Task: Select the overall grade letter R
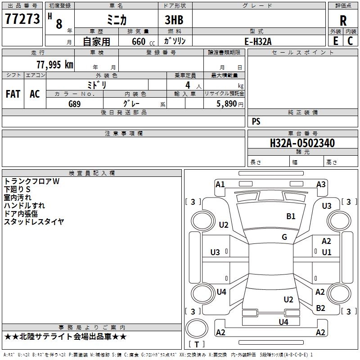coord(343,21)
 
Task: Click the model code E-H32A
coord(258,41)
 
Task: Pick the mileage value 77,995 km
coord(54,65)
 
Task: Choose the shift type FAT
coord(13,94)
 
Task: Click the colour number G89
coord(75,104)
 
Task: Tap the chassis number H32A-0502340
coord(302,144)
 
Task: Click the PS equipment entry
coord(256,121)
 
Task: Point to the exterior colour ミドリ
coord(97,85)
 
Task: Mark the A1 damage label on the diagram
coord(220,184)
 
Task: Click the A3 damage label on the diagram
coord(321,184)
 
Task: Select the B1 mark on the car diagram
coord(291,216)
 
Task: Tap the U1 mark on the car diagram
coord(327,252)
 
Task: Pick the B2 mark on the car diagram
coord(320,308)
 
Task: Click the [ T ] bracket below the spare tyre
coord(197,345)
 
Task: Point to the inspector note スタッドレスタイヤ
coord(34,221)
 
